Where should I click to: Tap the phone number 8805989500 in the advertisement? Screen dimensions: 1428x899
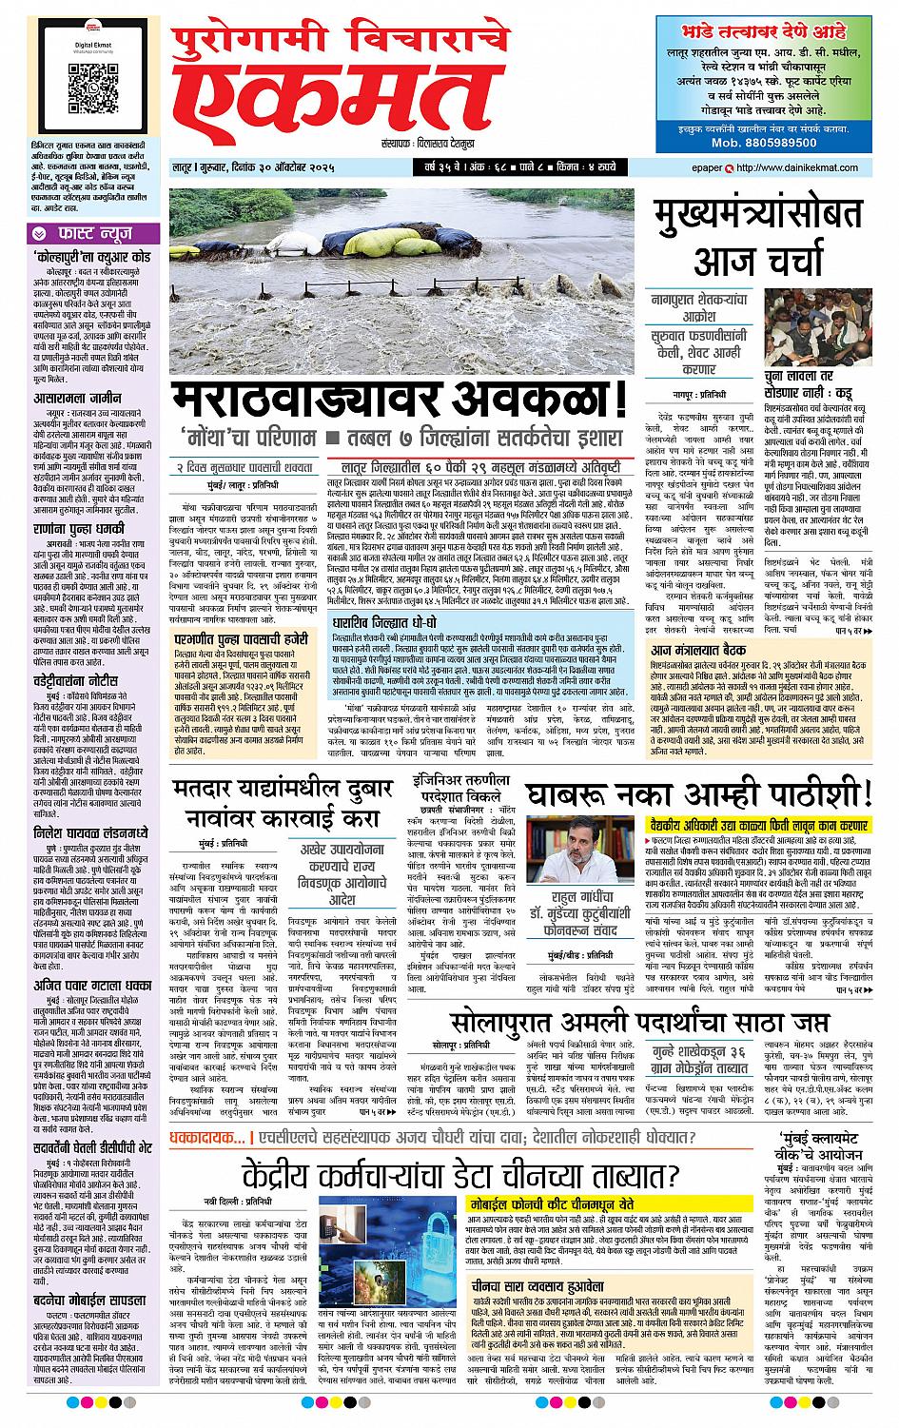pyautogui.click(x=763, y=142)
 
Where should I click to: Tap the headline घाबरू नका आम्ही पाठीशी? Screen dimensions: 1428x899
pyautogui.click(x=698, y=794)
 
